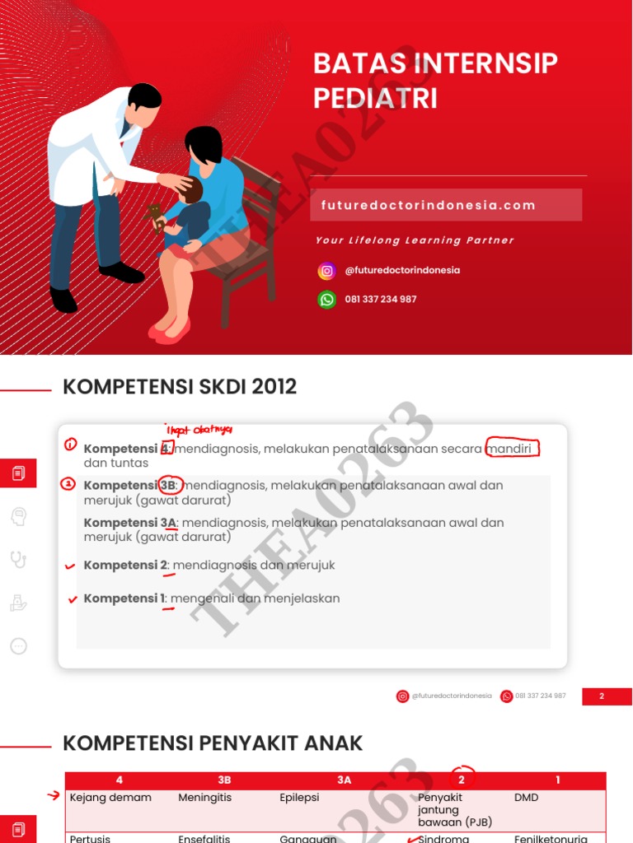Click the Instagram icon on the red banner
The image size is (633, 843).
327,271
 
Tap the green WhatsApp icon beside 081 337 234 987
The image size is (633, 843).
327,300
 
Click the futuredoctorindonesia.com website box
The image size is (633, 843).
446,205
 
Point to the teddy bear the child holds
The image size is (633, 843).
155,217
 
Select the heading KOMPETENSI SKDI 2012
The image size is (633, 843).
180,386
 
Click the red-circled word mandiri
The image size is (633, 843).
513,449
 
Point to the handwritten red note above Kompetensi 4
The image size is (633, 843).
199,430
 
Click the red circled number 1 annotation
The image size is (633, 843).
71,445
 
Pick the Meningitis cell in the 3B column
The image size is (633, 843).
205,798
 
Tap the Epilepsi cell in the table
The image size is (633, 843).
299,798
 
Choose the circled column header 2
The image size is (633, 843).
462,779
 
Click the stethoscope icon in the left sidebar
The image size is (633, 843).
18,560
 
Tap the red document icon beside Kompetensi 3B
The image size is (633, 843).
18,473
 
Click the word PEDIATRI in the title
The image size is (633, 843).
375,99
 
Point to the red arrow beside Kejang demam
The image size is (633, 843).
54,796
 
